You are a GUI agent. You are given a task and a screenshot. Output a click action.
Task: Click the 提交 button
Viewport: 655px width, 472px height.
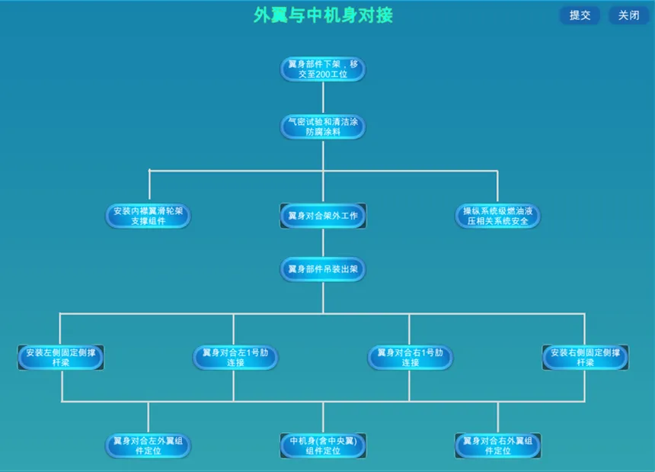(x=580, y=15)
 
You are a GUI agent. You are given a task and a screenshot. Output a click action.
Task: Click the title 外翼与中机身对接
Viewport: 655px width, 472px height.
(x=323, y=15)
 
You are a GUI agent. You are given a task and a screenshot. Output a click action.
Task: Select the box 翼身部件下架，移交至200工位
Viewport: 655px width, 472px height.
(x=323, y=69)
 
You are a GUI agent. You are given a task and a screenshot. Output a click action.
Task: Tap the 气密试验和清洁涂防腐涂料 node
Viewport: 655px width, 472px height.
(x=323, y=127)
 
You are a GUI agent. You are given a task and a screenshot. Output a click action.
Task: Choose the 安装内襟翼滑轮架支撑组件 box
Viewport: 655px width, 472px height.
(x=148, y=216)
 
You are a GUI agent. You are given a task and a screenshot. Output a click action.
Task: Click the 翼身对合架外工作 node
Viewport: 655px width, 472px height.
(x=323, y=216)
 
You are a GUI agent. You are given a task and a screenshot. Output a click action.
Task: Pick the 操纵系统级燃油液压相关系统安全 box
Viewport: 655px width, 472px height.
(x=497, y=216)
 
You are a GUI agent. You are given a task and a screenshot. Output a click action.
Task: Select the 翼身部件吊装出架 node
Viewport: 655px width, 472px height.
(x=323, y=269)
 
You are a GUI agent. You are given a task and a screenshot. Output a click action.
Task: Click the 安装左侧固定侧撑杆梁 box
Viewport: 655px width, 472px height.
(x=61, y=357)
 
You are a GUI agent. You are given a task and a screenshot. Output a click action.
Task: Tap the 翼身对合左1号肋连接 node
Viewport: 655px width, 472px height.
(x=235, y=357)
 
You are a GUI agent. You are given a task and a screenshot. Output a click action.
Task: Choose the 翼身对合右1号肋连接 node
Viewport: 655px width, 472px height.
(x=410, y=357)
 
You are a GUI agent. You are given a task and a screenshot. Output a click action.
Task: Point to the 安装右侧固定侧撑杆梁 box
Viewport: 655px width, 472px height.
(x=585, y=357)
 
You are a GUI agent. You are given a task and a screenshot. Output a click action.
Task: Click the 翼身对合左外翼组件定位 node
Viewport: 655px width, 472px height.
(x=148, y=445)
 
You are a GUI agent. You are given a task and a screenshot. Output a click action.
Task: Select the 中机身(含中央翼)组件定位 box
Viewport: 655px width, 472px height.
(x=323, y=445)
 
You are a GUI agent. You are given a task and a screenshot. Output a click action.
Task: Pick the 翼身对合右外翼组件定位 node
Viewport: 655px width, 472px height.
(x=497, y=445)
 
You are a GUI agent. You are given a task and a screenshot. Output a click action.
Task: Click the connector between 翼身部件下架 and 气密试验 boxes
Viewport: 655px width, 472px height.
(x=323, y=98)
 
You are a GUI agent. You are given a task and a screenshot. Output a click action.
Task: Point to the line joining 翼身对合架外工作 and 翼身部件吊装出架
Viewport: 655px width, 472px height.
(x=323, y=243)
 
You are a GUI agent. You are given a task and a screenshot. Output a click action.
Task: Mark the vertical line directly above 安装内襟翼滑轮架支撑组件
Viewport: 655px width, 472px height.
(x=149, y=187)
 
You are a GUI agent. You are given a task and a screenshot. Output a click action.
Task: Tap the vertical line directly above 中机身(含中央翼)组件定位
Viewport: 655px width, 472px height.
(x=323, y=417)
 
